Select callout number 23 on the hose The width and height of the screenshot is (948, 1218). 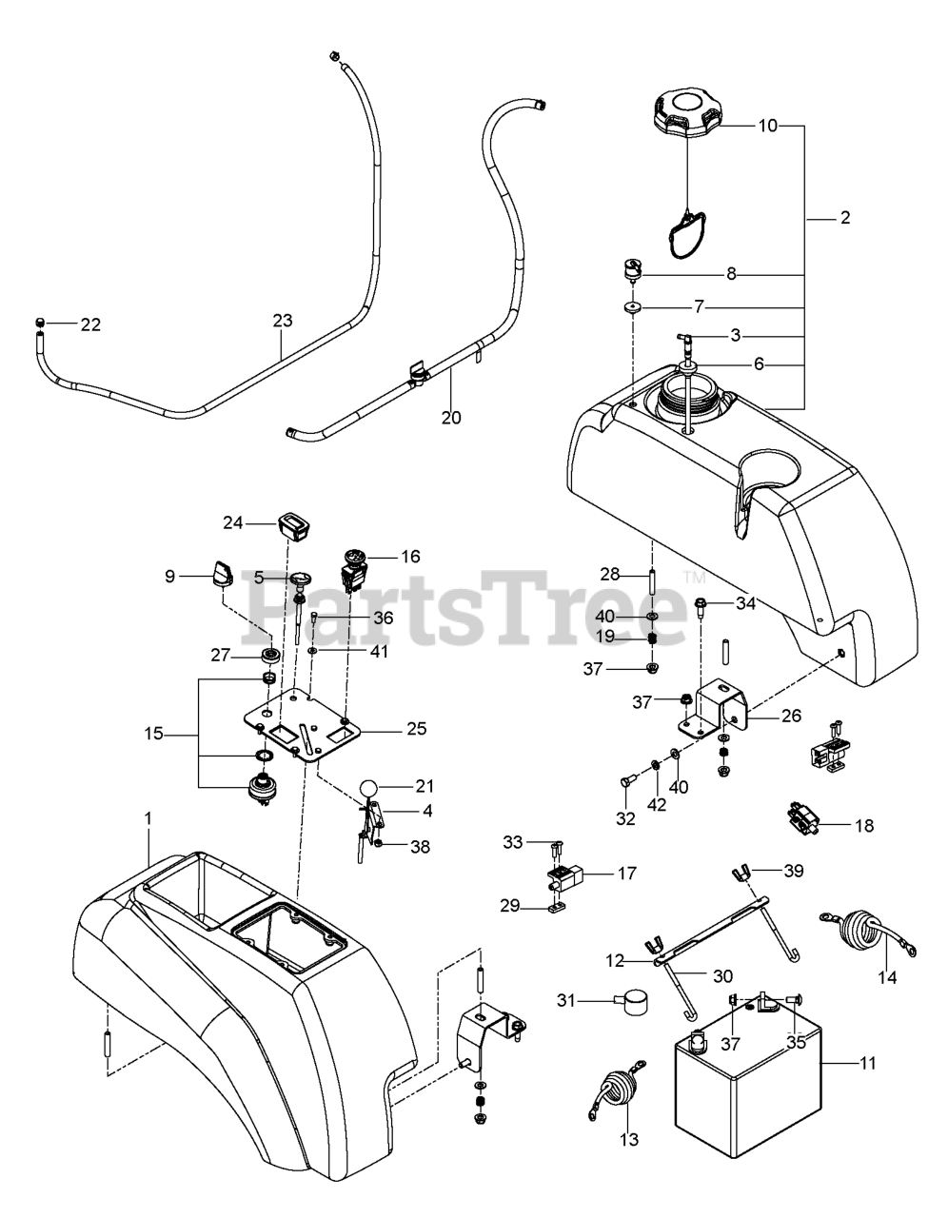283,321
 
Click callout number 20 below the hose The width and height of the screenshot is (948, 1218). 451,416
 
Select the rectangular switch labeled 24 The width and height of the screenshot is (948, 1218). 291,523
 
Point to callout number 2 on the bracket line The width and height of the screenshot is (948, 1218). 844,218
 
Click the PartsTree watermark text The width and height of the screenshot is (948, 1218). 466,605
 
